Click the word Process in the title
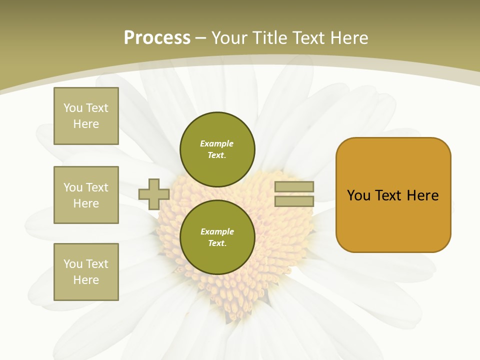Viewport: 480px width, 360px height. coord(157,38)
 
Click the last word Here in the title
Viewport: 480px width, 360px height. coord(348,38)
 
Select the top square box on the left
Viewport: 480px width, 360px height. coord(86,116)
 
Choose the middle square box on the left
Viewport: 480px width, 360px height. coord(86,195)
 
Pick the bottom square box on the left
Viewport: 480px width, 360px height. coord(86,272)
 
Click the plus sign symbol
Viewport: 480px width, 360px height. coord(154,194)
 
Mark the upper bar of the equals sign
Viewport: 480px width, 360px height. coord(294,187)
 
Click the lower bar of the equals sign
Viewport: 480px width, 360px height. coord(294,201)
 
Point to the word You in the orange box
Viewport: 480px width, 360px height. coord(359,195)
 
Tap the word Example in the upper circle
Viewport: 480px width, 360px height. coord(217,143)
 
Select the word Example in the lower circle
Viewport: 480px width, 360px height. coord(217,231)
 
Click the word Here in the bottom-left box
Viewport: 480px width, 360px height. coord(86,280)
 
